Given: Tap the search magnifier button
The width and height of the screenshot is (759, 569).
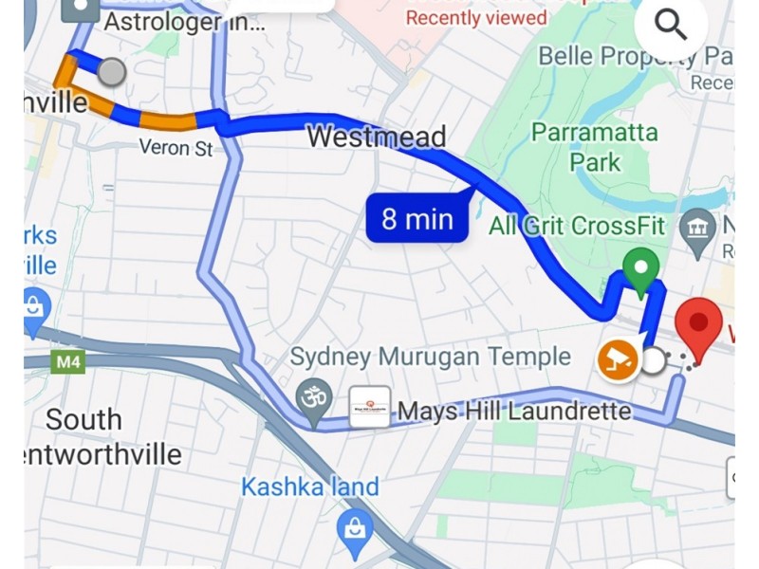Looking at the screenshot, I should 671,26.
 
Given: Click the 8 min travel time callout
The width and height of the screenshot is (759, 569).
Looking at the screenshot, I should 417,220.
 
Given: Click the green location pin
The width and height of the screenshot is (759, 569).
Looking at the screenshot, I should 641,270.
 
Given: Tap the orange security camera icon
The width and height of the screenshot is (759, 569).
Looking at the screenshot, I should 618,360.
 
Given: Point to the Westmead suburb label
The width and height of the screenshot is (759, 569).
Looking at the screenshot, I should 376,138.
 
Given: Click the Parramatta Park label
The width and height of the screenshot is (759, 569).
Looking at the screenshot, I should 595,146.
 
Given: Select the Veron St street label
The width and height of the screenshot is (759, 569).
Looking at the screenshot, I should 176,148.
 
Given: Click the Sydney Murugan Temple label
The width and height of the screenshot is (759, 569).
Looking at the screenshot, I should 430,357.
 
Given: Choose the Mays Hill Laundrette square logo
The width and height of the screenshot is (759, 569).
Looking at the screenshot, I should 369,407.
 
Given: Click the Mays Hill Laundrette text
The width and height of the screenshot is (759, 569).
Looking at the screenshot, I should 514,412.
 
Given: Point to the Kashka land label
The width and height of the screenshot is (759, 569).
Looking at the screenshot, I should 309,487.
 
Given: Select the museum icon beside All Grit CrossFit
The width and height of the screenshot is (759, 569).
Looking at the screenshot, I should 699,228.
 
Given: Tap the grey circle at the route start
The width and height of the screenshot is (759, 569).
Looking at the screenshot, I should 112,71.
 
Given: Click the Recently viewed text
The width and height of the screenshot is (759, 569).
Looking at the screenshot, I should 476,17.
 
